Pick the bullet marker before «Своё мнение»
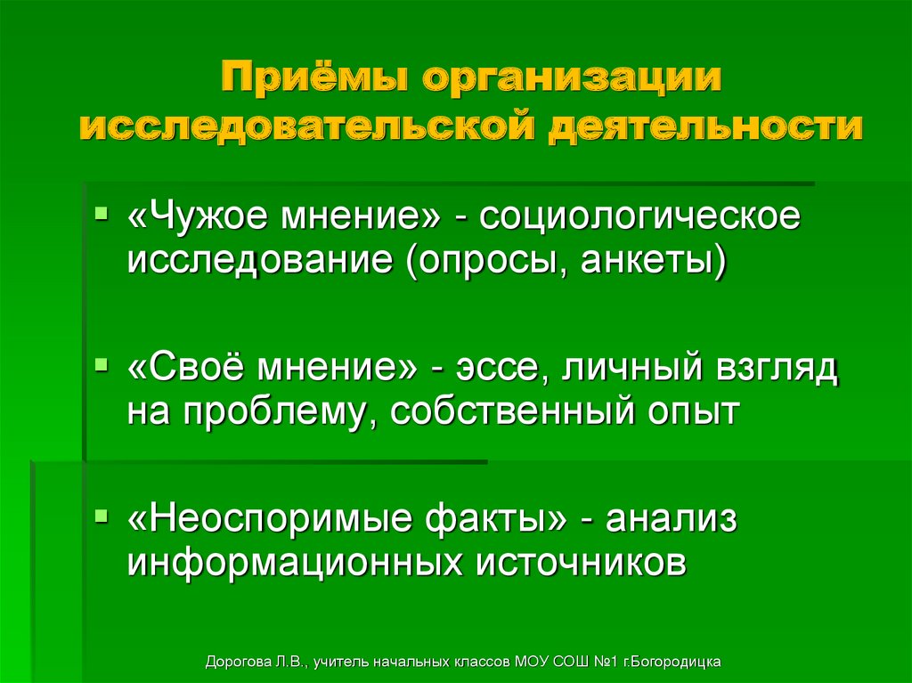point(102,365)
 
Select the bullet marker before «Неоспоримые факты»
point(102,516)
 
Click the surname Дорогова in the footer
point(238,663)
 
